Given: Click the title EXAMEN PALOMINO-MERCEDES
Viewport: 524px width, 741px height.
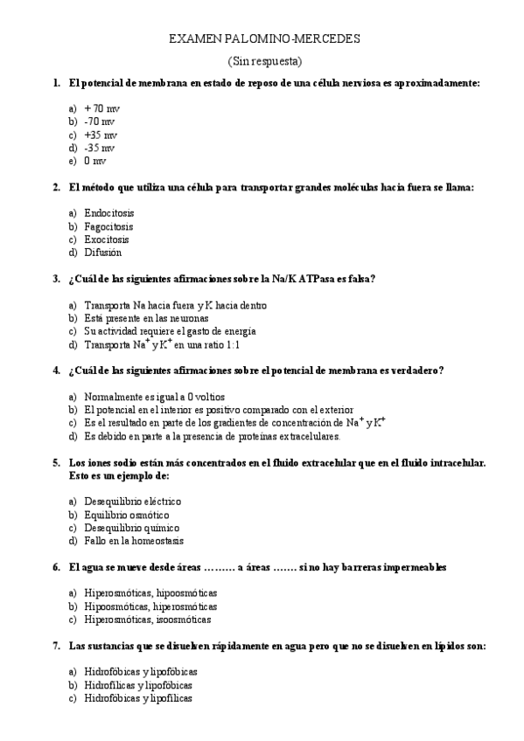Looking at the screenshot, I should pyautogui.click(x=263, y=39).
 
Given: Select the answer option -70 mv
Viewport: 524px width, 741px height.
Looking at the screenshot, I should pyautogui.click(x=99, y=121).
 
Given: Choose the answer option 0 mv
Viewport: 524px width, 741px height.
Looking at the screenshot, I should pyautogui.click(x=94, y=162).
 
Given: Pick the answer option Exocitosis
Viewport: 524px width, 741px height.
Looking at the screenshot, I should pyautogui.click(x=106, y=239).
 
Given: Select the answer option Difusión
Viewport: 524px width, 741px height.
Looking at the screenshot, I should pyautogui.click(x=102, y=253).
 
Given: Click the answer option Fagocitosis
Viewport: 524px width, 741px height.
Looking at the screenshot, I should pyautogui.click(x=108, y=225).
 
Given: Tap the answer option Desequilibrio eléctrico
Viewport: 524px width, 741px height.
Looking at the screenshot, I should pyautogui.click(x=132, y=502).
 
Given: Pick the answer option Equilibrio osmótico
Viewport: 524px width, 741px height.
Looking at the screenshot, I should pyautogui.click(x=126, y=515).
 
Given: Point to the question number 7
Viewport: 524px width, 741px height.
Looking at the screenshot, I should pyautogui.click(x=56, y=646).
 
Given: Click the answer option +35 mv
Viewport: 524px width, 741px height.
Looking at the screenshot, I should pyautogui.click(x=100, y=135).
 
